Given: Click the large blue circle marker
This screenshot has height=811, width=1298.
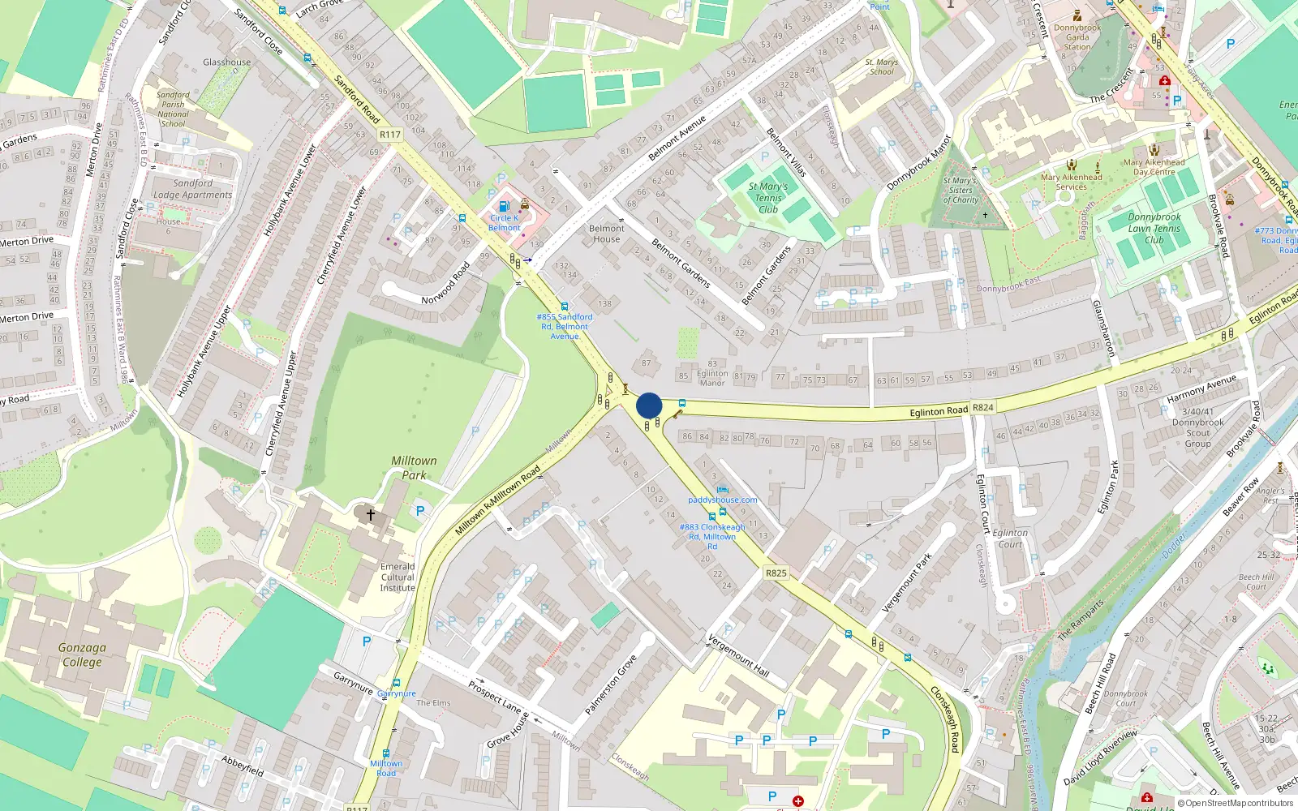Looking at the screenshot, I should tap(649, 405).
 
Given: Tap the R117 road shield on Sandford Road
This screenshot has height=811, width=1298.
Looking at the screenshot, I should tap(390, 135).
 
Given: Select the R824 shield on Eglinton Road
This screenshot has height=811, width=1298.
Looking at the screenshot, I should tap(983, 408).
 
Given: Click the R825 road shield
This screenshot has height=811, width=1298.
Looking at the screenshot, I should tap(776, 573).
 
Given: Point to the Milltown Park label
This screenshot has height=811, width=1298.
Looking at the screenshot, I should tap(414, 468).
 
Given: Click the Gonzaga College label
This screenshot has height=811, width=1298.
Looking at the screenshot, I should tap(82, 654).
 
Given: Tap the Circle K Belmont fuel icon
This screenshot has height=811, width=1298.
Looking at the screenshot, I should tap(504, 206).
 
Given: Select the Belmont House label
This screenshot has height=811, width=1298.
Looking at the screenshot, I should tap(606, 234).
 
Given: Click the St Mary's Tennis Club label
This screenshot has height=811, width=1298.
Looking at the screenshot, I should tap(767, 198).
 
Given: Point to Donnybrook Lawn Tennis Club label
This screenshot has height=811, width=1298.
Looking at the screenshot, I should tap(1154, 228).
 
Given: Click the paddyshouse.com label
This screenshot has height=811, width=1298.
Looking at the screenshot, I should tap(723, 500).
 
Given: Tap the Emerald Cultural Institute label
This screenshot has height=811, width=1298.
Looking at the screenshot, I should tap(398, 577).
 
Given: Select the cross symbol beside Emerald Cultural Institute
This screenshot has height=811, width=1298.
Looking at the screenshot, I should tap(371, 514).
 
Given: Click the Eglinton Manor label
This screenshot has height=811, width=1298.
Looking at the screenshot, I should tap(712, 378).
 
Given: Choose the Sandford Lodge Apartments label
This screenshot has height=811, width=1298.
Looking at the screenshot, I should tap(192, 189).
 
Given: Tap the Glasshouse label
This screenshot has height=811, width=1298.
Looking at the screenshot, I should tap(226, 62).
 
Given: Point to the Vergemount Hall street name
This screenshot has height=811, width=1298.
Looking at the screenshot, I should tap(738, 655).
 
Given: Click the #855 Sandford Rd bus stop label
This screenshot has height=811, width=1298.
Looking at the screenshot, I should tap(565, 326).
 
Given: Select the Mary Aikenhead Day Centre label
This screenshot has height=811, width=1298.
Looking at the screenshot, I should tap(1154, 167).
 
